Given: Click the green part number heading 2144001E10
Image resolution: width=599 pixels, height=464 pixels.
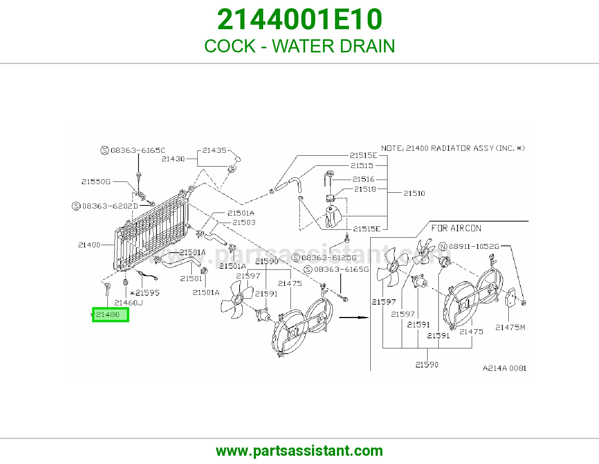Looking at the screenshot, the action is pyautogui.click(x=299, y=19).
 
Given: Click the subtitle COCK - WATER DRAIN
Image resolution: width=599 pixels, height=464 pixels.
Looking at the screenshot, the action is pyautogui.click(x=299, y=46).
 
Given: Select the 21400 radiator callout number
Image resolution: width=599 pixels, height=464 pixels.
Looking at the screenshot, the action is pyautogui.click(x=89, y=245).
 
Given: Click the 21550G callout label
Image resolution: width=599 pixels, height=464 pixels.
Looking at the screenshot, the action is pyautogui.click(x=96, y=181).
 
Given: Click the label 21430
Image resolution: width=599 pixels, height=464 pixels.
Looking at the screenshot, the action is pyautogui.click(x=173, y=159).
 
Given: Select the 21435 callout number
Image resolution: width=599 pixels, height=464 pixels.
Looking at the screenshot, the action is pyautogui.click(x=214, y=150).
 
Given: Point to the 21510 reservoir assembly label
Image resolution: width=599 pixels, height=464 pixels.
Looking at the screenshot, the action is pyautogui.click(x=414, y=193).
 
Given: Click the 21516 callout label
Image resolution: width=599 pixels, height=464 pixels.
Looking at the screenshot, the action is pyautogui.click(x=363, y=179).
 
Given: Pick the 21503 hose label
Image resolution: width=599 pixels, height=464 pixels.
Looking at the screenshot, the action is pyautogui.click(x=244, y=222).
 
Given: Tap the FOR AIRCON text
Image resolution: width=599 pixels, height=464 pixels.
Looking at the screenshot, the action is pyautogui.click(x=456, y=228).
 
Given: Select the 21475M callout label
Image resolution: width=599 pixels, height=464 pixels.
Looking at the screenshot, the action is pyautogui.click(x=510, y=327).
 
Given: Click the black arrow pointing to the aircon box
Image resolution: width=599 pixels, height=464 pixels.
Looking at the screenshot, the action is pyautogui.click(x=353, y=317).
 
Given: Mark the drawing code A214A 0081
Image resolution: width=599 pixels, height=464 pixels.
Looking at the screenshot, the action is pyautogui.click(x=504, y=368).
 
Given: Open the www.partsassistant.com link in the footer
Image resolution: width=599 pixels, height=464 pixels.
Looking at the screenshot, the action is pyautogui.click(x=299, y=451).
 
